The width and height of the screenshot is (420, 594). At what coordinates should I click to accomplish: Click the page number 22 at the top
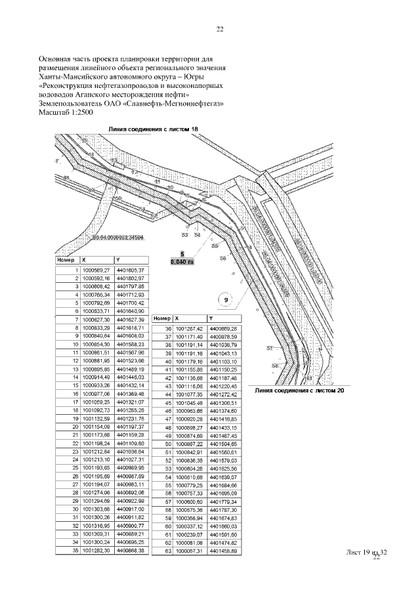tap(220, 29)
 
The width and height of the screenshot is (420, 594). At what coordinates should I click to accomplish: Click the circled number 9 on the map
tap(226, 301)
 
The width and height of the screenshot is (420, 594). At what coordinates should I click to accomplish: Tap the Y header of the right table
tap(211, 318)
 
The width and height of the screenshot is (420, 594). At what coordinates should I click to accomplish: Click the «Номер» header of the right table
tap(161, 318)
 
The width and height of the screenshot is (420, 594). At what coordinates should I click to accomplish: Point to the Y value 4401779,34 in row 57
tap(223, 501)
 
